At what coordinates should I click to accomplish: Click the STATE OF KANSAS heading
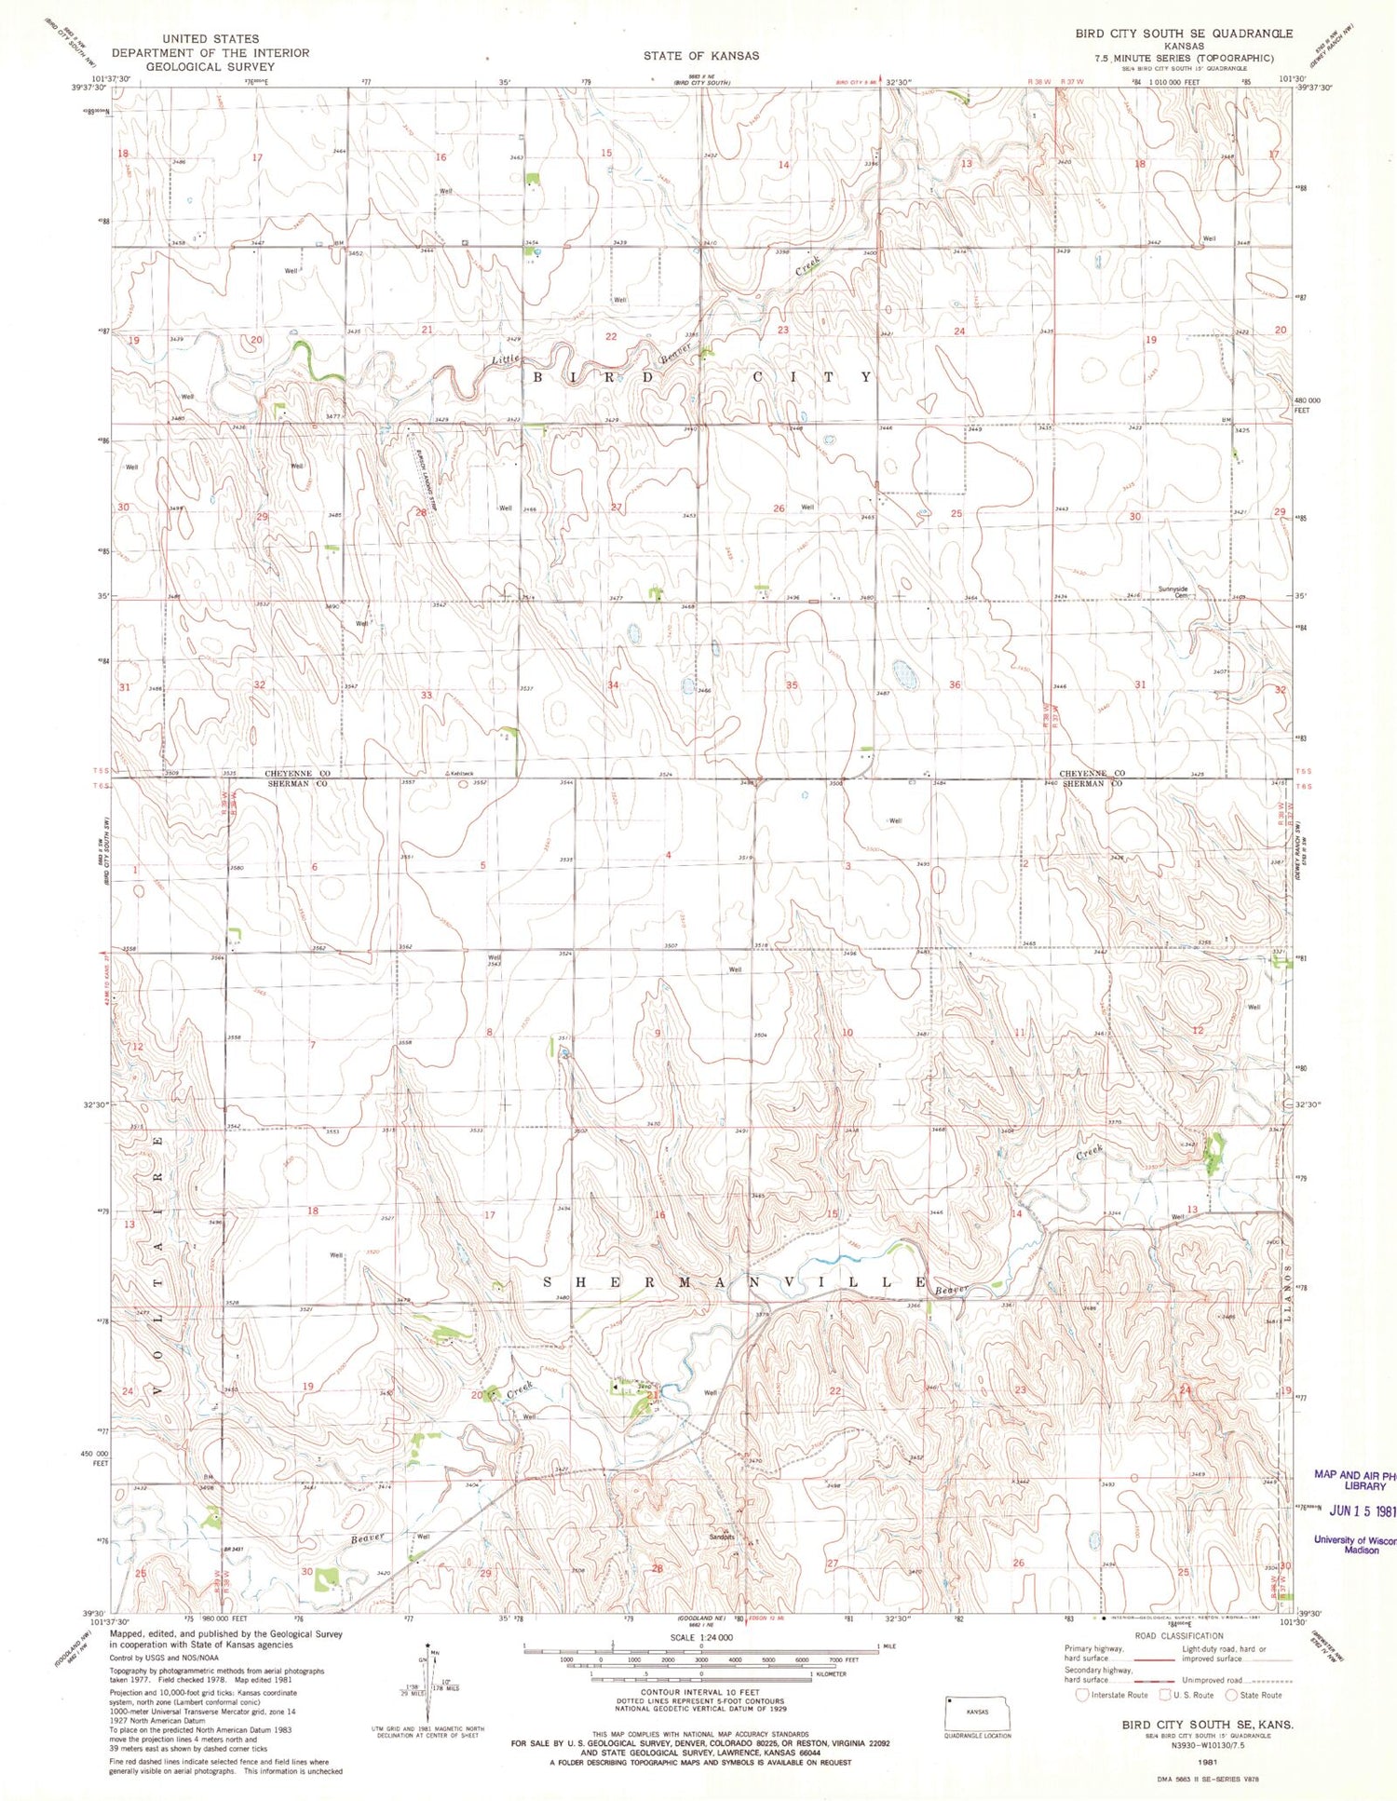(700, 56)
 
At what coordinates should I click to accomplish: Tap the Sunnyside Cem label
(1179, 592)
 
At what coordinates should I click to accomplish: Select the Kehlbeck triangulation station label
(460, 774)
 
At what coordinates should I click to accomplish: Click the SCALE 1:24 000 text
(700, 1637)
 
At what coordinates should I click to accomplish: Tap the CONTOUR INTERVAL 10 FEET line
(700, 1692)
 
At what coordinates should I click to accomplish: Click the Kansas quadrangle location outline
(977, 1712)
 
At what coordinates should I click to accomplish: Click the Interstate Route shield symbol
(1081, 1695)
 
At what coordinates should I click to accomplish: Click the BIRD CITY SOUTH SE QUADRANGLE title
(1184, 34)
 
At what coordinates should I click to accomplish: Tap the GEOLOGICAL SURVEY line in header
(210, 67)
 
